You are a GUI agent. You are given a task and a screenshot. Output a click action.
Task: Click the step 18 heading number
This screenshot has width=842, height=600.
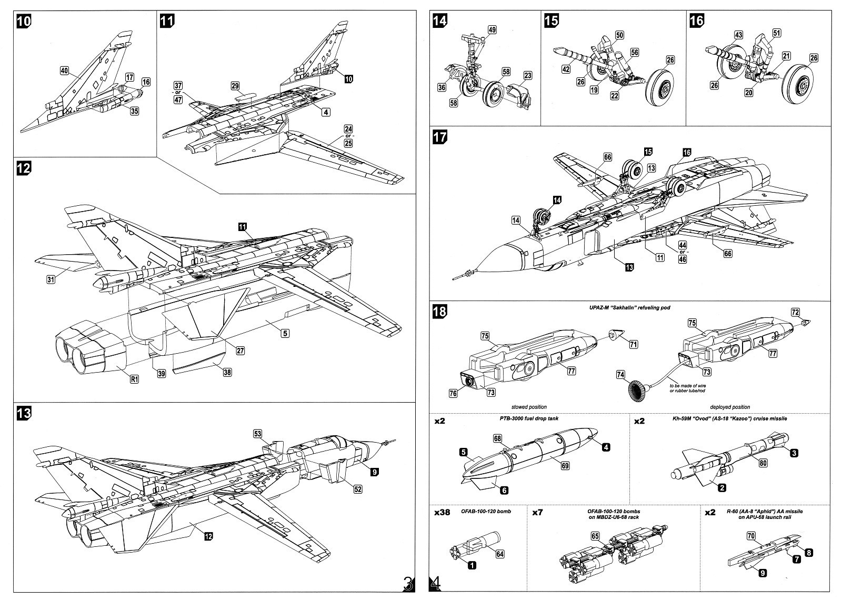pyautogui.click(x=440, y=311)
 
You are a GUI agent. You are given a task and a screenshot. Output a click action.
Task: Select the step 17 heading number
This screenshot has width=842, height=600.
pyautogui.click(x=440, y=137)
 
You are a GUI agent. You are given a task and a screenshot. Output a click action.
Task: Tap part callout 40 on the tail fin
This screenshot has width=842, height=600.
pyautogui.click(x=64, y=71)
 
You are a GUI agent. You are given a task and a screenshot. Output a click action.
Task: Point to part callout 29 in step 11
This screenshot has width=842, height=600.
pyautogui.click(x=235, y=85)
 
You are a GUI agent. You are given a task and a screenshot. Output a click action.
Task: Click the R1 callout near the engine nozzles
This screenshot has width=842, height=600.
pyautogui.click(x=135, y=379)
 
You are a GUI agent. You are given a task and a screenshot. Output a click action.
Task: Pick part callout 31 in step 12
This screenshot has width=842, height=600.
pyautogui.click(x=51, y=279)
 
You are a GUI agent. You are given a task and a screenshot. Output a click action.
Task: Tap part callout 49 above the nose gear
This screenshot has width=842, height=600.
pyautogui.click(x=492, y=30)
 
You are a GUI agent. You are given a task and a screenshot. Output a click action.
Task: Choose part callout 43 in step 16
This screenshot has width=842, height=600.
pyautogui.click(x=738, y=35)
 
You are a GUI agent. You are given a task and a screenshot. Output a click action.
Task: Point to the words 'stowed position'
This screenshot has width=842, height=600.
pyautogui.click(x=529, y=407)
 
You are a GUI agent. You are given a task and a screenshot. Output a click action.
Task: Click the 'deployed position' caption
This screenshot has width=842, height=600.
pyautogui.click(x=730, y=407)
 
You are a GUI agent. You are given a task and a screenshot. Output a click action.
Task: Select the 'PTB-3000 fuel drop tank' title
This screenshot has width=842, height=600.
pyautogui.click(x=528, y=418)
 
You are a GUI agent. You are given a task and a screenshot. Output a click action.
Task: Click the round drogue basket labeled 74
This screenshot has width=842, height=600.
pyautogui.click(x=638, y=392)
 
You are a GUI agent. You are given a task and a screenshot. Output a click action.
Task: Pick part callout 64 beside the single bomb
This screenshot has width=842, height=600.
pyautogui.click(x=500, y=554)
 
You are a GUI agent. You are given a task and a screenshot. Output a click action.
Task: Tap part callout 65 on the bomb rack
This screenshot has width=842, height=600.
pyautogui.click(x=595, y=536)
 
